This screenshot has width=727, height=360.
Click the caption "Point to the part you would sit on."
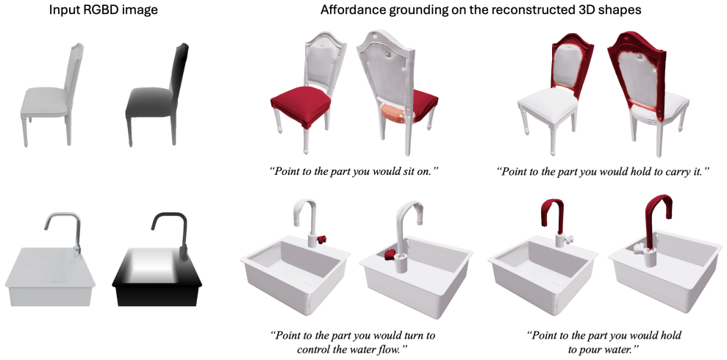pos(354,171)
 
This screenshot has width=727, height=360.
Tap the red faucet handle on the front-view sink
pos(320,240)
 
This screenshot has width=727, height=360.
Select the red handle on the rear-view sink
pos(390,254)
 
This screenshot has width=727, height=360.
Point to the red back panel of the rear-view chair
pos(637,70)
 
